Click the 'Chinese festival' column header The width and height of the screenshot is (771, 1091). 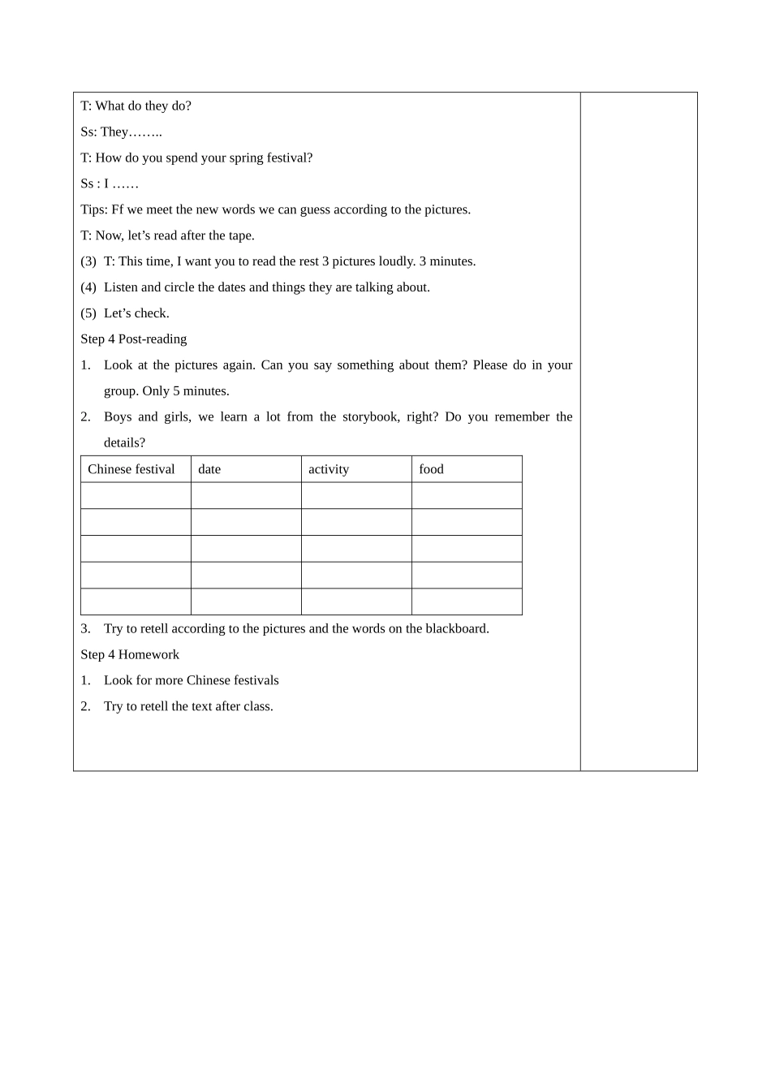point(131,469)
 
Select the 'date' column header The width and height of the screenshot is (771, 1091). point(209,469)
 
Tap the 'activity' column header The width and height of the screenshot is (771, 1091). point(329,469)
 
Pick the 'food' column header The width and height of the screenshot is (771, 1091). point(431,469)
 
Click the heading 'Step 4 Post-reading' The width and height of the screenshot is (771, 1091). point(134,339)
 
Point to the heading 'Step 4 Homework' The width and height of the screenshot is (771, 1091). point(130,654)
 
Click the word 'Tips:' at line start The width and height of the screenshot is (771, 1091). point(94,209)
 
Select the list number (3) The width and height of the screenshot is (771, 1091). point(88,261)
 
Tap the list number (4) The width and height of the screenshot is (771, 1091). point(88,287)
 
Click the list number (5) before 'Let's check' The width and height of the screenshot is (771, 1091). point(88,313)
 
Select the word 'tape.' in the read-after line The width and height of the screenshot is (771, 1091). point(239,235)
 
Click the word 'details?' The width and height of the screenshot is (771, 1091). point(125,443)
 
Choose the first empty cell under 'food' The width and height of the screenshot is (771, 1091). point(467,496)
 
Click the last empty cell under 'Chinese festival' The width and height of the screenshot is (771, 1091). point(136,602)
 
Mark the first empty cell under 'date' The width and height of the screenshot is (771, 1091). point(246,496)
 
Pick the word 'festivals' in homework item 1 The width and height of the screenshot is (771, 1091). point(256,680)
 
